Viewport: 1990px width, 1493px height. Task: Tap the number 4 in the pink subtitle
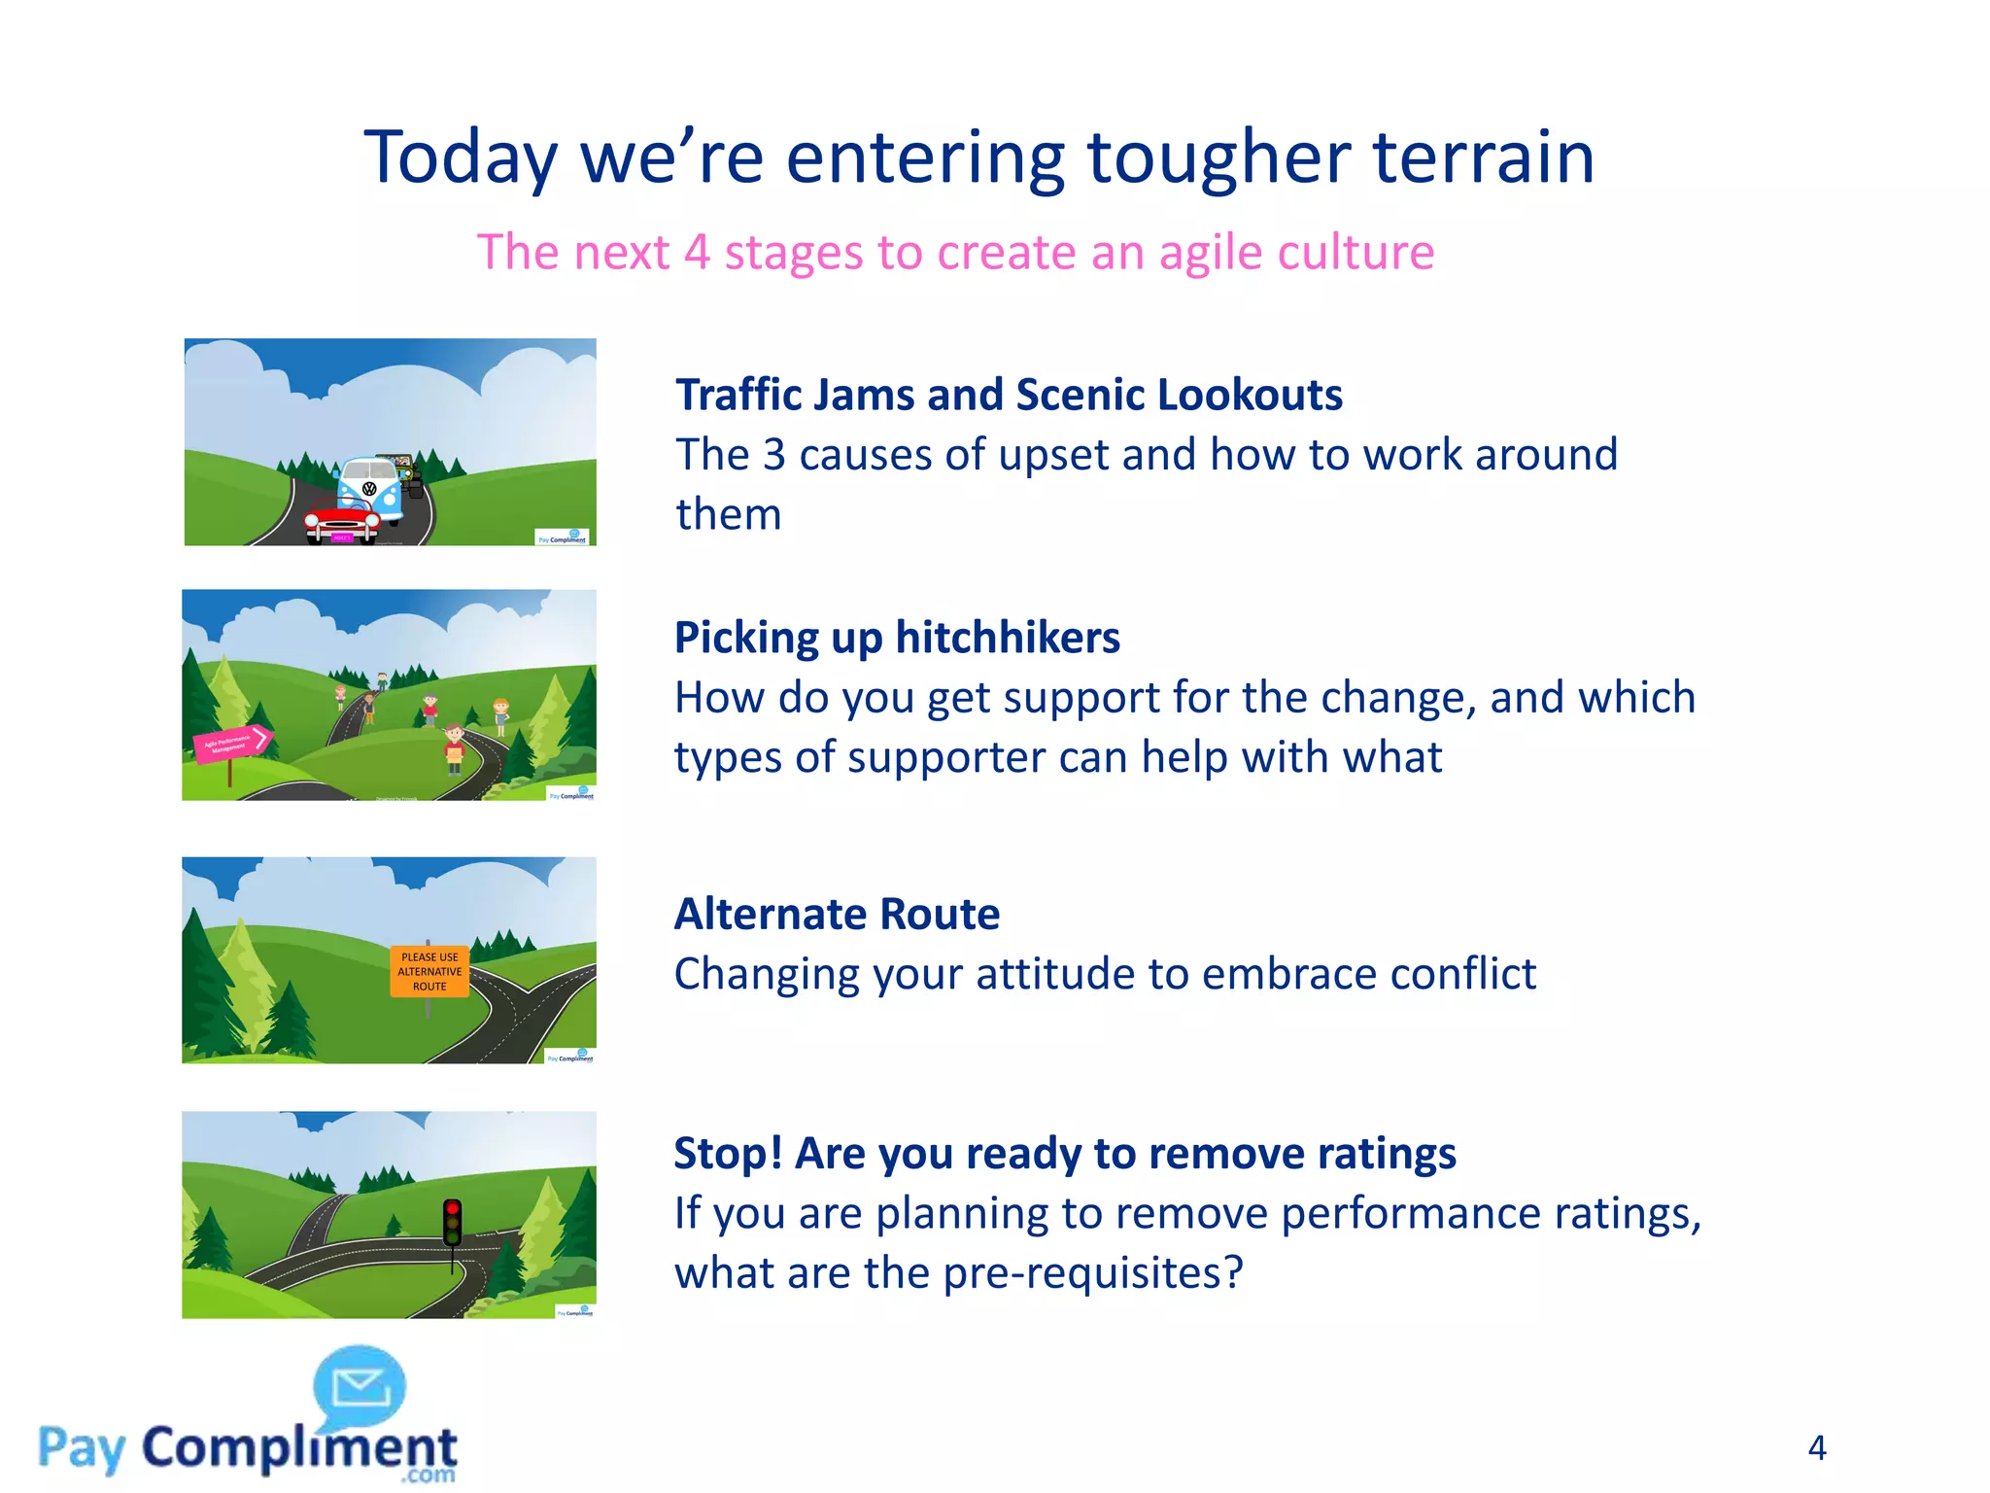pyautogui.click(x=696, y=253)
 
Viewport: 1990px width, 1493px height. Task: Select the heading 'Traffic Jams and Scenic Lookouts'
pyautogui.click(x=1009, y=395)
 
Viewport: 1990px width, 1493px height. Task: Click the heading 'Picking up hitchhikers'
pyautogui.click(x=897, y=638)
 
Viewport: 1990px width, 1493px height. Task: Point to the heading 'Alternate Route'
pyautogui.click(x=837, y=914)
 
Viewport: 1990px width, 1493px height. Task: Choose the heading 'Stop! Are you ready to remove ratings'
pyautogui.click(x=1065, y=1154)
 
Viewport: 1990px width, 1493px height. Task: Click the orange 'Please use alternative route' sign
pyautogui.click(x=429, y=971)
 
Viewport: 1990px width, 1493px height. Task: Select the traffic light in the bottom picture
pyautogui.click(x=452, y=1222)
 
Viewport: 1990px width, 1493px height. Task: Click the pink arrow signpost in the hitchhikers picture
pyautogui.click(x=231, y=745)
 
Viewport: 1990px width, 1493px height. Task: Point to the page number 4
pyautogui.click(x=1816, y=1448)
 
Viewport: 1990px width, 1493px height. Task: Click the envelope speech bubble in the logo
pyautogui.click(x=360, y=1386)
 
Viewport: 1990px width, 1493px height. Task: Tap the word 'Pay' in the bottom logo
pyautogui.click(x=82, y=1449)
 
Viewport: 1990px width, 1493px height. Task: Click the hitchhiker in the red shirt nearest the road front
pyautogui.click(x=454, y=748)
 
